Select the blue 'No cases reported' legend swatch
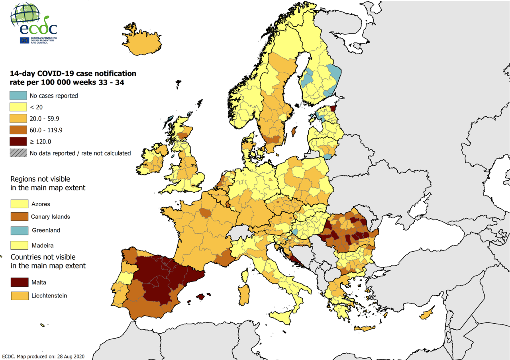[18, 96]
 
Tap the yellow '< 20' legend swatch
[18, 107]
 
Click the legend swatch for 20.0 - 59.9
[18, 119]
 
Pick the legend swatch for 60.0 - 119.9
[18, 130]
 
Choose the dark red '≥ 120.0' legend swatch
[18, 141]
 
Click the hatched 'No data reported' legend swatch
[18, 153]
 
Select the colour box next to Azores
[19, 204]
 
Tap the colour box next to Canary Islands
[19, 217]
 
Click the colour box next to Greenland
[19, 230]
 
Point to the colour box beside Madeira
[19, 245]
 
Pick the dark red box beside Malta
[19, 282]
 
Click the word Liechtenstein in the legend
[49, 296]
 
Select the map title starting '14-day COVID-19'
[73, 78]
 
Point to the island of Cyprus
[427, 314]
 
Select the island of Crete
[365, 329]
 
